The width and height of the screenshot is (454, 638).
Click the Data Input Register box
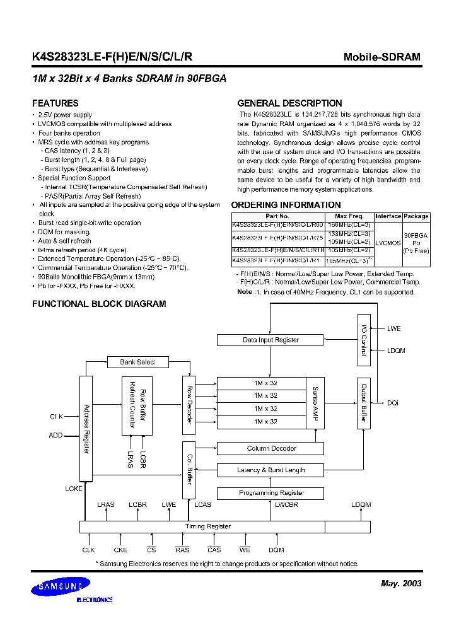point(270,340)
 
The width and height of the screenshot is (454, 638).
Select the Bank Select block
point(137,362)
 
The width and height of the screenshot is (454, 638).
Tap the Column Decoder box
point(270,448)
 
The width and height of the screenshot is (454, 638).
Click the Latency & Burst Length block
point(270,470)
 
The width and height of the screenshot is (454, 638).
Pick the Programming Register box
point(270,492)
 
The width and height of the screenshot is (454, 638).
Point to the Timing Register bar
point(207,526)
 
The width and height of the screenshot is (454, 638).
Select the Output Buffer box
point(363,404)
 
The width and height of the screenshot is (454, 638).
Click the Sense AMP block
point(315,403)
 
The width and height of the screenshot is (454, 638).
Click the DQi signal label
point(393,403)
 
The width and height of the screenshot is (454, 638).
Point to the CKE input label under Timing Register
point(120,550)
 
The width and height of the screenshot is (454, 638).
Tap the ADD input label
point(56,436)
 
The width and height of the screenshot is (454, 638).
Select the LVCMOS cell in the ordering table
point(388,241)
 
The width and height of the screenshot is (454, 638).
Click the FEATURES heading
point(55,103)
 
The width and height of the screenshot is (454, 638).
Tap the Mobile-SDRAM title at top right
point(381,57)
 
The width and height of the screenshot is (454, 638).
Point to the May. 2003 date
point(401,583)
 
